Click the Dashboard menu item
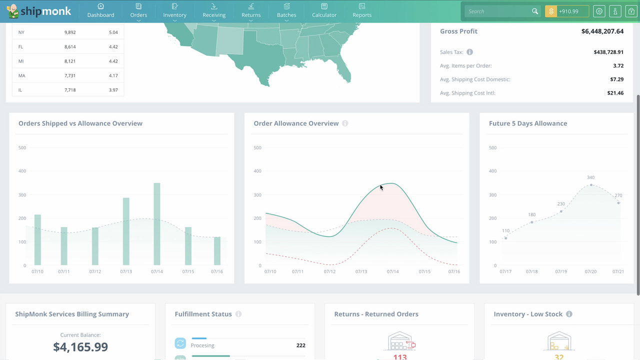pos(100,10)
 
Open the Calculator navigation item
pos(324,10)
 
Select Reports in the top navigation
pos(362,10)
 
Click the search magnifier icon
pos(535,11)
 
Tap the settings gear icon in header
pos(599,11)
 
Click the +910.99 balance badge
pos(567,11)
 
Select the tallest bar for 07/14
pos(157,223)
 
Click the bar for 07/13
pos(126,231)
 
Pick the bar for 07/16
pos(217,250)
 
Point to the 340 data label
pos(590,177)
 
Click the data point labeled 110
pos(505,238)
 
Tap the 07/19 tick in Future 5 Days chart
pos(561,271)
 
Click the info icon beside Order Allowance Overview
pos(345,123)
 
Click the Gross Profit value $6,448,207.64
pos(602,31)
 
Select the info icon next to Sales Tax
pos(469,52)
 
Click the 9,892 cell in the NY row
pos(70,32)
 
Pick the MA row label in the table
pos(21,75)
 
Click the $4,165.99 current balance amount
pos(80,346)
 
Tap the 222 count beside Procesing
pos(300,345)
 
